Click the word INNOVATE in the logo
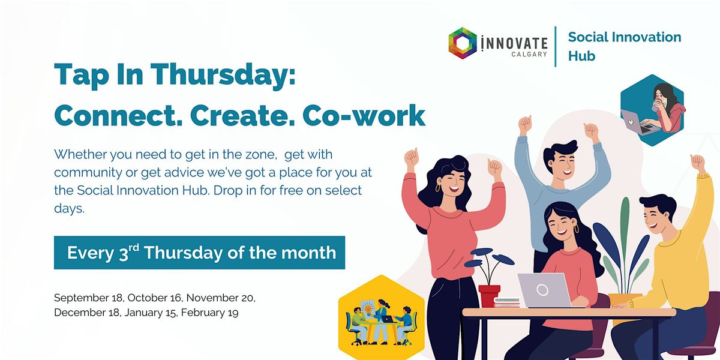[x=512, y=43]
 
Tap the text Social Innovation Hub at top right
[x=624, y=46]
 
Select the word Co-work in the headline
[x=364, y=116]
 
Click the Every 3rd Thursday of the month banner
[x=202, y=253]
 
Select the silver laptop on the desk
[x=543, y=290]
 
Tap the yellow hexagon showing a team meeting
[x=381, y=317]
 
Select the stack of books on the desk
[x=507, y=302]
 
